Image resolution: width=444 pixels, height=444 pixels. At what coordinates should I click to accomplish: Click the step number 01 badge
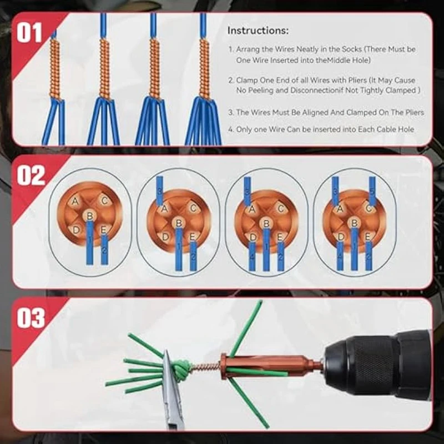tap(29, 33)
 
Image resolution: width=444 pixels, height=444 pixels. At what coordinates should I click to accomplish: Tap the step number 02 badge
tap(31, 175)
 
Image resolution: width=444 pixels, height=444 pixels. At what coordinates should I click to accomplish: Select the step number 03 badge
tap(31, 318)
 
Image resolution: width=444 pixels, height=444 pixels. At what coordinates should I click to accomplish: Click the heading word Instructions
tap(258, 31)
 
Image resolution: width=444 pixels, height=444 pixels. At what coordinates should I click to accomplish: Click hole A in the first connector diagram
tap(75, 201)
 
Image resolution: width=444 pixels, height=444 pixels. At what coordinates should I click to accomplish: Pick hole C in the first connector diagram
tap(104, 201)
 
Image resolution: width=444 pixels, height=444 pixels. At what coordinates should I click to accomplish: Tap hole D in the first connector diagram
tap(75, 230)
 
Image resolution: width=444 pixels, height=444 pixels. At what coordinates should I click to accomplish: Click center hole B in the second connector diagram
tap(179, 224)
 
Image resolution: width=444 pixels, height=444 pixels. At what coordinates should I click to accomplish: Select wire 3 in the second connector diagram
tap(159, 190)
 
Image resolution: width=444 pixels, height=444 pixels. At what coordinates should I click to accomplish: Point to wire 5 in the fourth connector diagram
tap(372, 191)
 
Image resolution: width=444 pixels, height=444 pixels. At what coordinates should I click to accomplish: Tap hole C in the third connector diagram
tap(281, 209)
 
